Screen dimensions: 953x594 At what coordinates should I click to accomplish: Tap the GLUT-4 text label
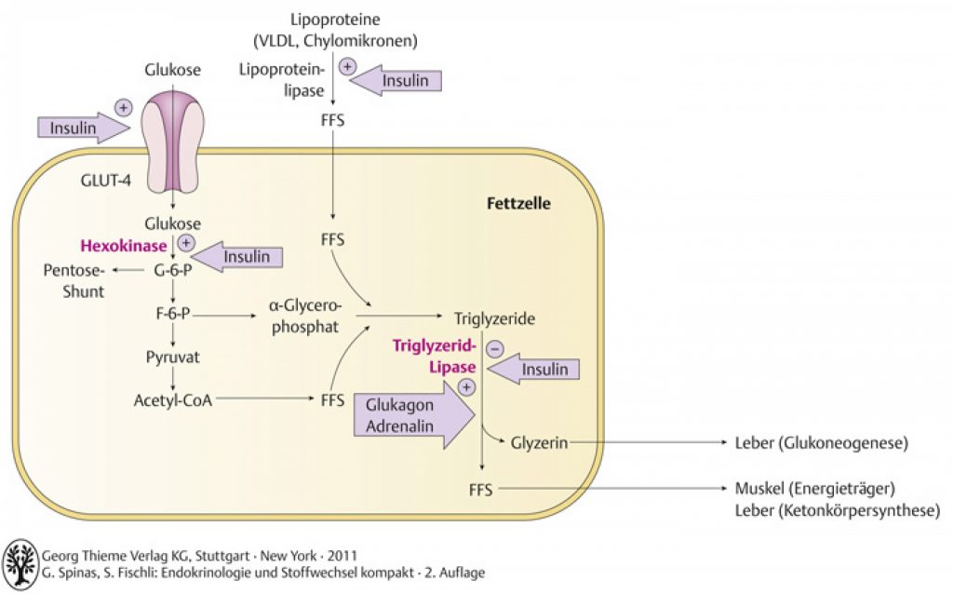[x=106, y=181]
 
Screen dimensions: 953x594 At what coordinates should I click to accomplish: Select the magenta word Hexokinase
[x=124, y=246]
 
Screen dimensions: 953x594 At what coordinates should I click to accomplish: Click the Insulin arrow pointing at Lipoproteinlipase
[x=396, y=80]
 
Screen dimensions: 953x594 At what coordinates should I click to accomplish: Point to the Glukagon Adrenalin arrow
[x=414, y=415]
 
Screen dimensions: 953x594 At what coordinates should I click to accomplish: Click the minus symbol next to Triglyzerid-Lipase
[x=495, y=348]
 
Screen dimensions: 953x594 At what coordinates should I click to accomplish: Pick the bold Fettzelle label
[x=518, y=203]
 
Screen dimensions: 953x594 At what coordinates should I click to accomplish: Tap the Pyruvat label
[x=172, y=357]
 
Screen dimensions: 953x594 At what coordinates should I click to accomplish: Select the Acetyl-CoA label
[x=172, y=400]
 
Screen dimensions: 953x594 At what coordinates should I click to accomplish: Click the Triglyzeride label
[x=495, y=318]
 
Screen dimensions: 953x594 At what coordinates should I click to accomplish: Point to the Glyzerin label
[x=539, y=443]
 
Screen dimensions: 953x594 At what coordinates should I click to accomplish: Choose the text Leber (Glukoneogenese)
[x=822, y=442]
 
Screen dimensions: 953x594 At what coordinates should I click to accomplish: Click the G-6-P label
[x=172, y=270]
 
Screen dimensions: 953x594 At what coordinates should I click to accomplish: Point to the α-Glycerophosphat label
[x=305, y=317]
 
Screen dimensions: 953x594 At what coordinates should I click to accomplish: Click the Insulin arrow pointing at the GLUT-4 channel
[x=84, y=128]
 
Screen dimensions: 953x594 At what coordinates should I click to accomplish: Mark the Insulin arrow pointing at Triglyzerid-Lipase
[x=533, y=369]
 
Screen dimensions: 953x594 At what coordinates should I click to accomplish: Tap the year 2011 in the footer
[x=342, y=556]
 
